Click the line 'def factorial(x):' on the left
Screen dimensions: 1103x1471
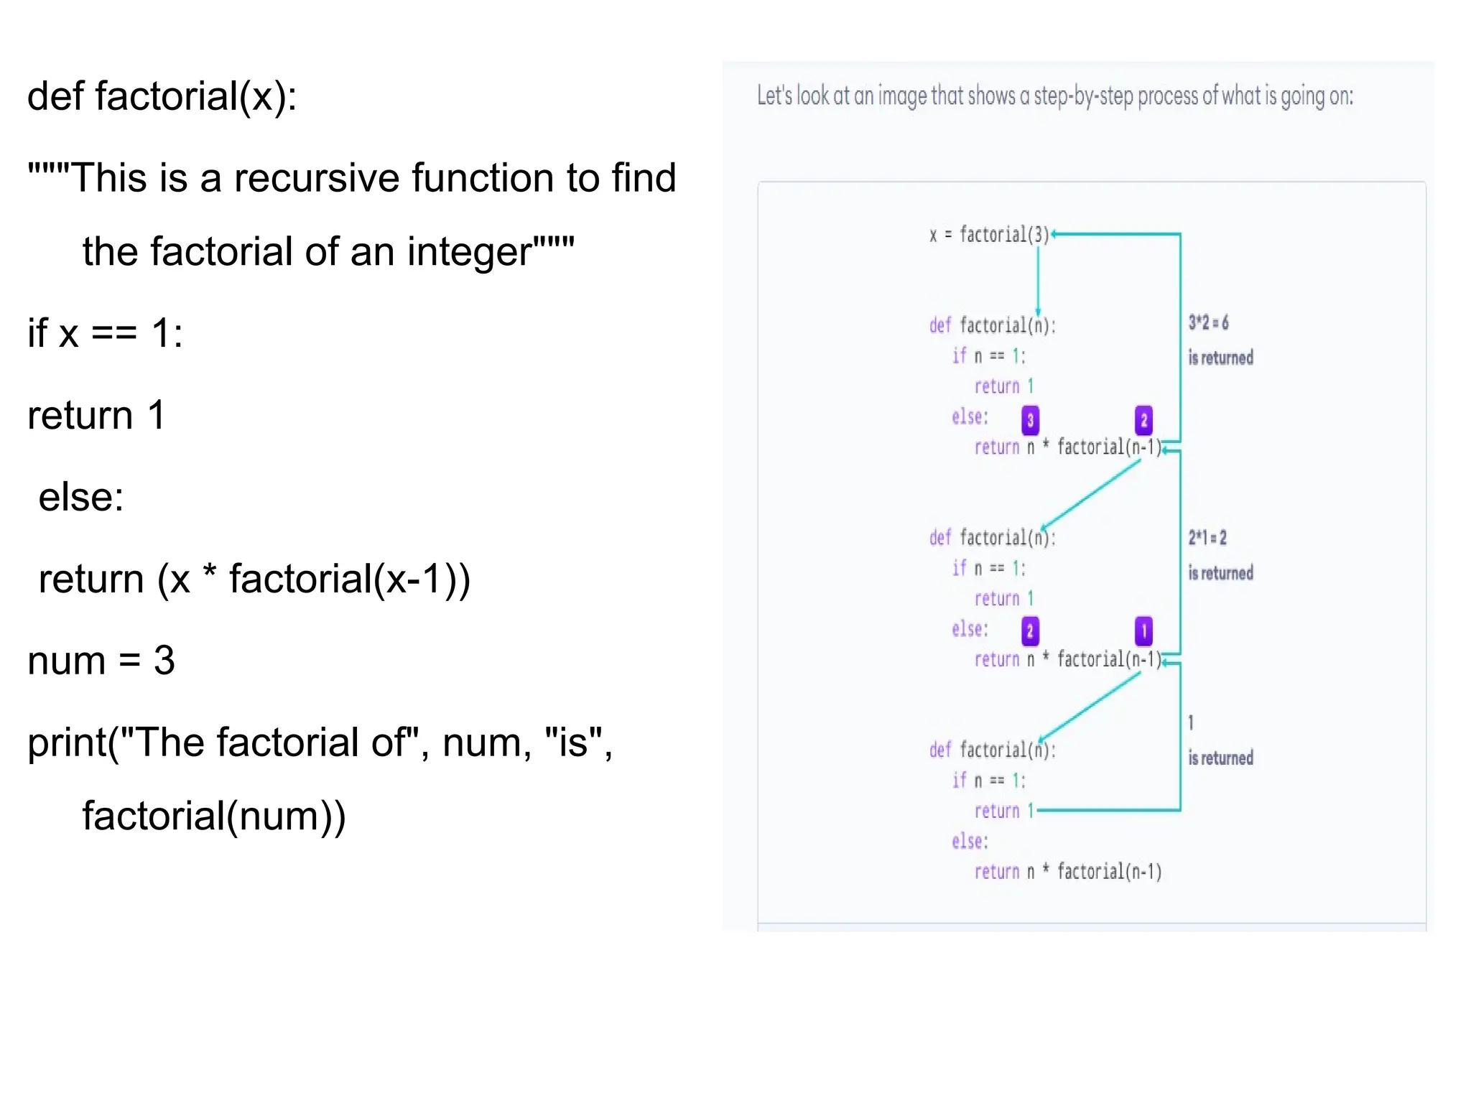pos(162,96)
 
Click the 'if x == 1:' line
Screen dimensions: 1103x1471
pos(105,333)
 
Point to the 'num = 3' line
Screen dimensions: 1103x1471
pos(101,660)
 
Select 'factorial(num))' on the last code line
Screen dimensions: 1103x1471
pos(214,816)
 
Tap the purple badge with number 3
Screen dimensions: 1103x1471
pos(1030,420)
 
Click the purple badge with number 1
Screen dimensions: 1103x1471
pos(1143,631)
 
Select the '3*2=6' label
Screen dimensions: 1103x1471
pos(1208,322)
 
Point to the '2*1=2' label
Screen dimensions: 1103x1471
pos(1207,537)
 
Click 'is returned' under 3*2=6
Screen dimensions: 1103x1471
pos(1220,358)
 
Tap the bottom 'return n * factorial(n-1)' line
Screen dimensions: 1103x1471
pos(1067,872)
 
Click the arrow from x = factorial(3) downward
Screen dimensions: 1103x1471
pos(1038,276)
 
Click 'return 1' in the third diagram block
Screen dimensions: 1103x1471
pos(1003,811)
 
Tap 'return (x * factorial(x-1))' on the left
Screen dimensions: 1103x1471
pos(254,579)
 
